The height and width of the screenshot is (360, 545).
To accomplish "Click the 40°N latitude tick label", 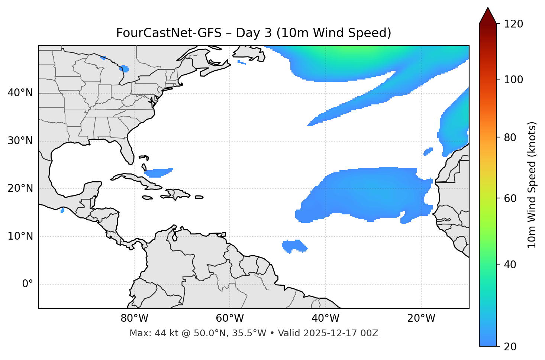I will point(20,93).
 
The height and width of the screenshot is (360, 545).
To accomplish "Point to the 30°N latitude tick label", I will point(20,141).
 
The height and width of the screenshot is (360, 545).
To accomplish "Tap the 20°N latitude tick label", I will point(20,189).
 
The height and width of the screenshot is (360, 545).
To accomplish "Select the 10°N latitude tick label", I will point(20,236).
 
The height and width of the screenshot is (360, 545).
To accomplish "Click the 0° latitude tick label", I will point(28,284).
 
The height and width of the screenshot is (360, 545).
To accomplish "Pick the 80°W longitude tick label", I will point(134,318).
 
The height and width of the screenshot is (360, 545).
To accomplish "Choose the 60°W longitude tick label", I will point(230,318).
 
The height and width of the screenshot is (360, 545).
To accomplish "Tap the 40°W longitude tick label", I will point(325,318).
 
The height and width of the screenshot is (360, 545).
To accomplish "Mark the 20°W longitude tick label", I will point(421,318).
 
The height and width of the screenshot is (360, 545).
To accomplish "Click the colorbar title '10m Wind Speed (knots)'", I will point(532,185).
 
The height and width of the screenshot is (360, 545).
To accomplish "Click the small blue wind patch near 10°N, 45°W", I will point(294,246).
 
